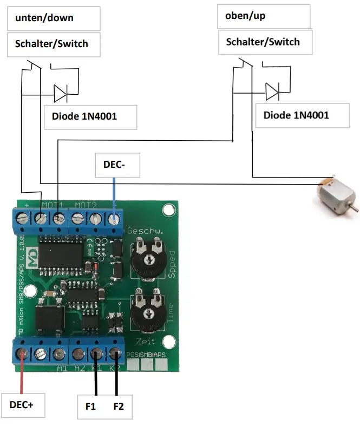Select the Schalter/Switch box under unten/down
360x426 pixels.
click(x=53, y=44)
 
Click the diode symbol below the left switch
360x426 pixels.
click(x=60, y=94)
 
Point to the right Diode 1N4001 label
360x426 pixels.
click(x=296, y=115)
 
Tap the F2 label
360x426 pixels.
click(x=118, y=406)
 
